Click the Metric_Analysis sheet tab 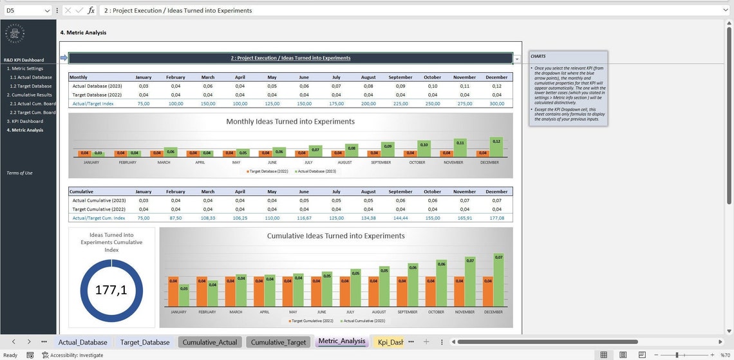tap(341, 341)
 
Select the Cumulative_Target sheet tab tap(278, 342)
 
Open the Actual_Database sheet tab tap(82, 342)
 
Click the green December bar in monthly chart tap(496, 147)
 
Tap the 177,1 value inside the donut tap(111, 290)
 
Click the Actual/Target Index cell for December tap(496, 103)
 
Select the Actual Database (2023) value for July tap(336, 86)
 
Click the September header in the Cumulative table tap(400, 191)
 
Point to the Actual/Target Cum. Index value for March tap(208, 218)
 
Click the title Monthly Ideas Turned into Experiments tap(290, 121)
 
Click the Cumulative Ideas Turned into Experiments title tap(336, 236)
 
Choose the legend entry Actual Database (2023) tap(315, 171)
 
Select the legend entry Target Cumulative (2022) tap(312, 320)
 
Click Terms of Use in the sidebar tap(19, 173)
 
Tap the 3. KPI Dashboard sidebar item tap(25, 121)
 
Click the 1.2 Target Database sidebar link tap(31, 86)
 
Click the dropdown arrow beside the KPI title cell tap(517, 59)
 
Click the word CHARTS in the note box tap(538, 57)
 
